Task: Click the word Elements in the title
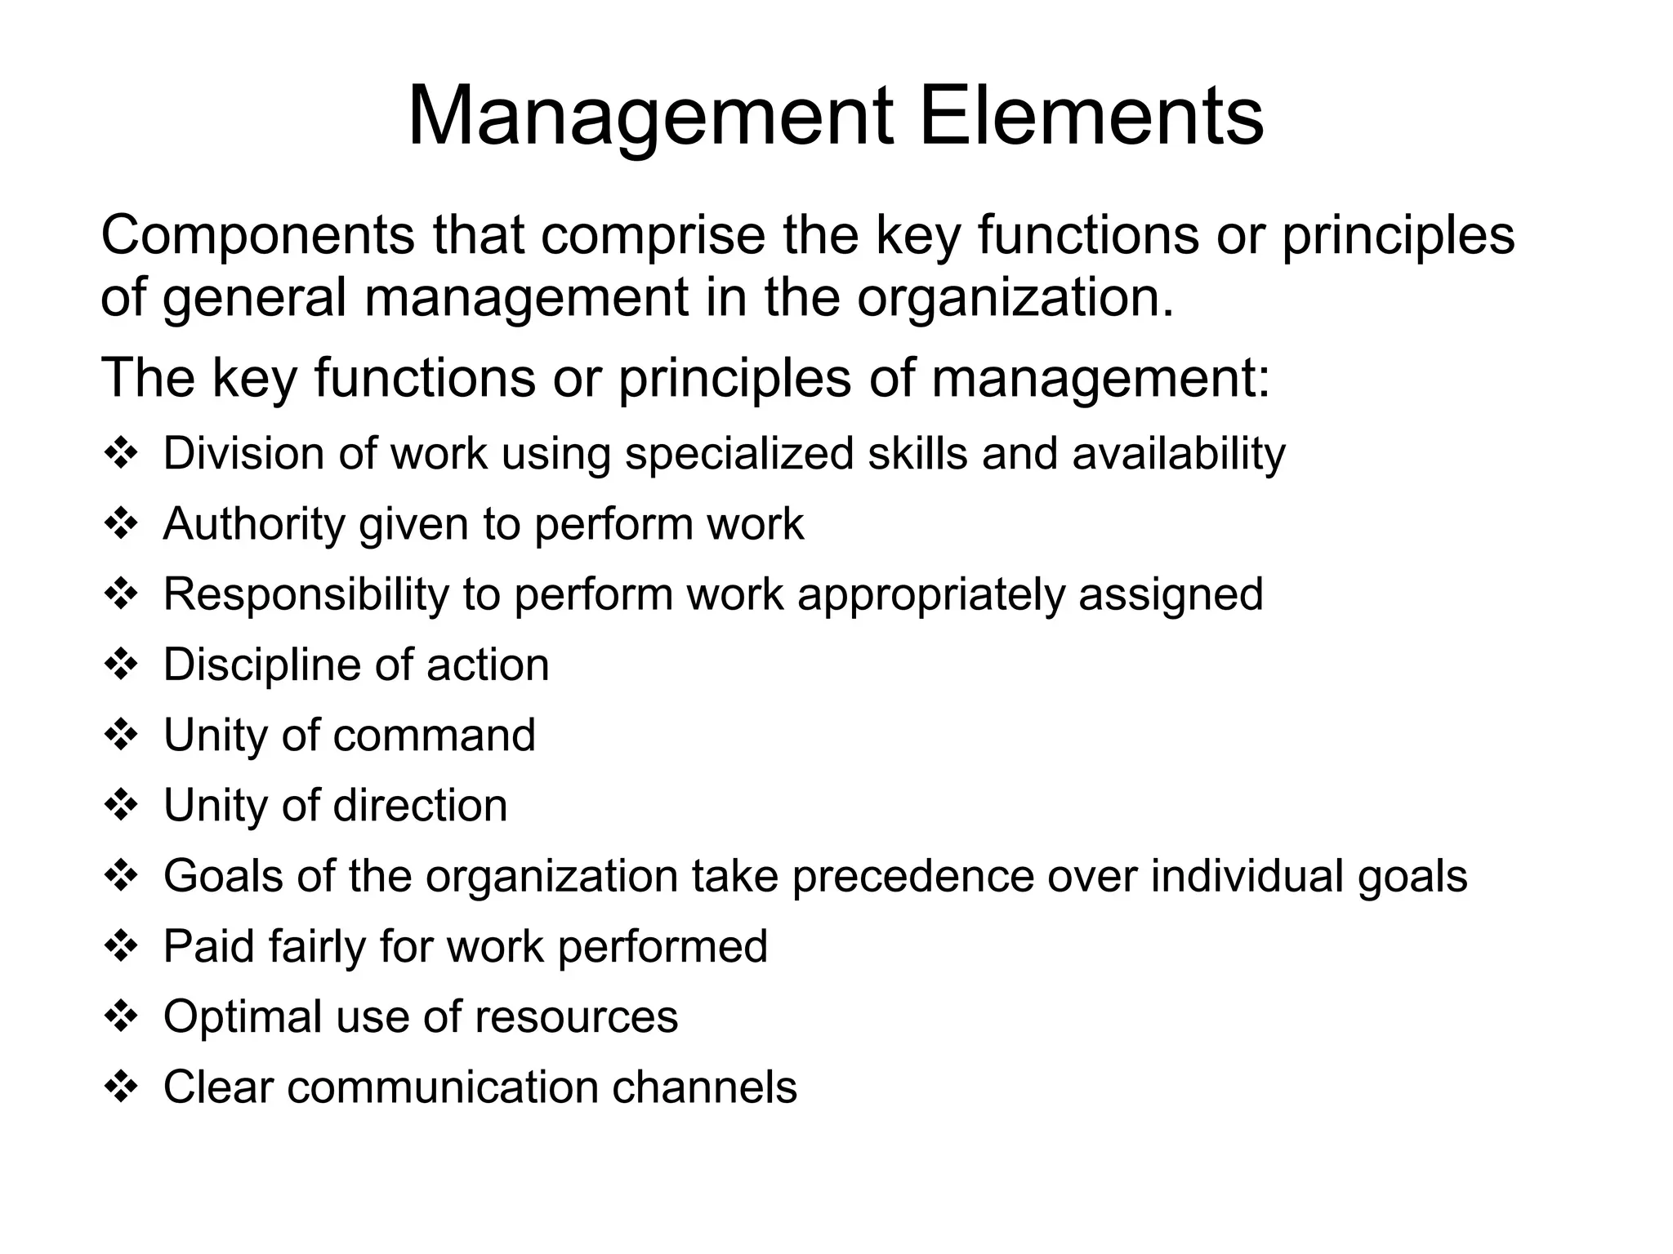coord(1091,117)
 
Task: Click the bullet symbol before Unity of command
coord(122,735)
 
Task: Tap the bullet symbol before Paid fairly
coord(122,946)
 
